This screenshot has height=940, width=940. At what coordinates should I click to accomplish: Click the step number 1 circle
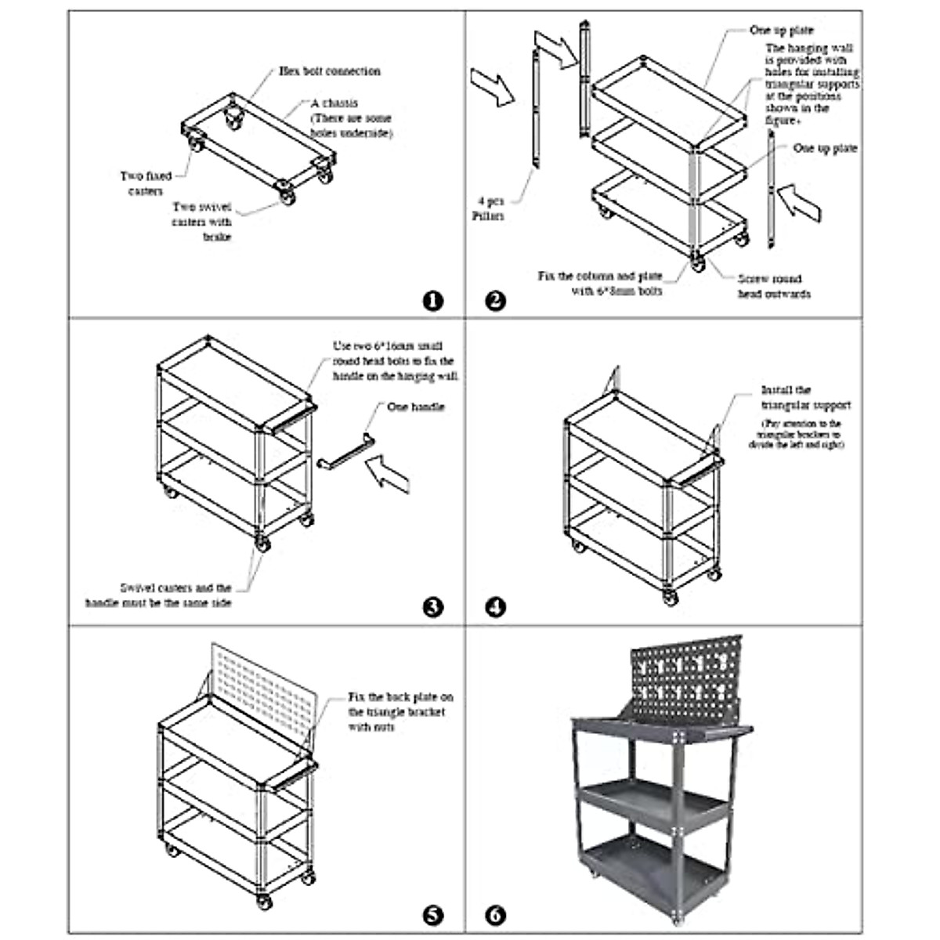pos(432,301)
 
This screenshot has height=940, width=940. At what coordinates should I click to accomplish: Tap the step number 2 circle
pos(496,301)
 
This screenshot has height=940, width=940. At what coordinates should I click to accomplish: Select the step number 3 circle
pos(432,607)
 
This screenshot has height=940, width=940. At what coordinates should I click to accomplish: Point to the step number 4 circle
pos(496,607)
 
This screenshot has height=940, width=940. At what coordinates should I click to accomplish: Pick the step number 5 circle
pos(432,915)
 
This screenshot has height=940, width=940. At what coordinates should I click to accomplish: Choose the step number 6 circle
pos(496,915)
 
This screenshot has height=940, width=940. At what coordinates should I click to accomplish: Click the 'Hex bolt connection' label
pos(330,71)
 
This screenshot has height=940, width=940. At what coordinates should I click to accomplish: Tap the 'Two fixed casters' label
pos(146,183)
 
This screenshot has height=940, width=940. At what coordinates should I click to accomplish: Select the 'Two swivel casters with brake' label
pos(202,222)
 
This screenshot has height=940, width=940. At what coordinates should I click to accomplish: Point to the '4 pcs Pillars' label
pos(488,208)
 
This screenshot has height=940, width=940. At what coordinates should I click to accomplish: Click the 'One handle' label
pos(416,407)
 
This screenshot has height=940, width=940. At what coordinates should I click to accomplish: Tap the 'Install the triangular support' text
pos(805,398)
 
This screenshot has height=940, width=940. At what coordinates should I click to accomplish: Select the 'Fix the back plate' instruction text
pos(400,712)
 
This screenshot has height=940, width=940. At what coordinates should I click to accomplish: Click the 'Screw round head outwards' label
pos(774,286)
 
